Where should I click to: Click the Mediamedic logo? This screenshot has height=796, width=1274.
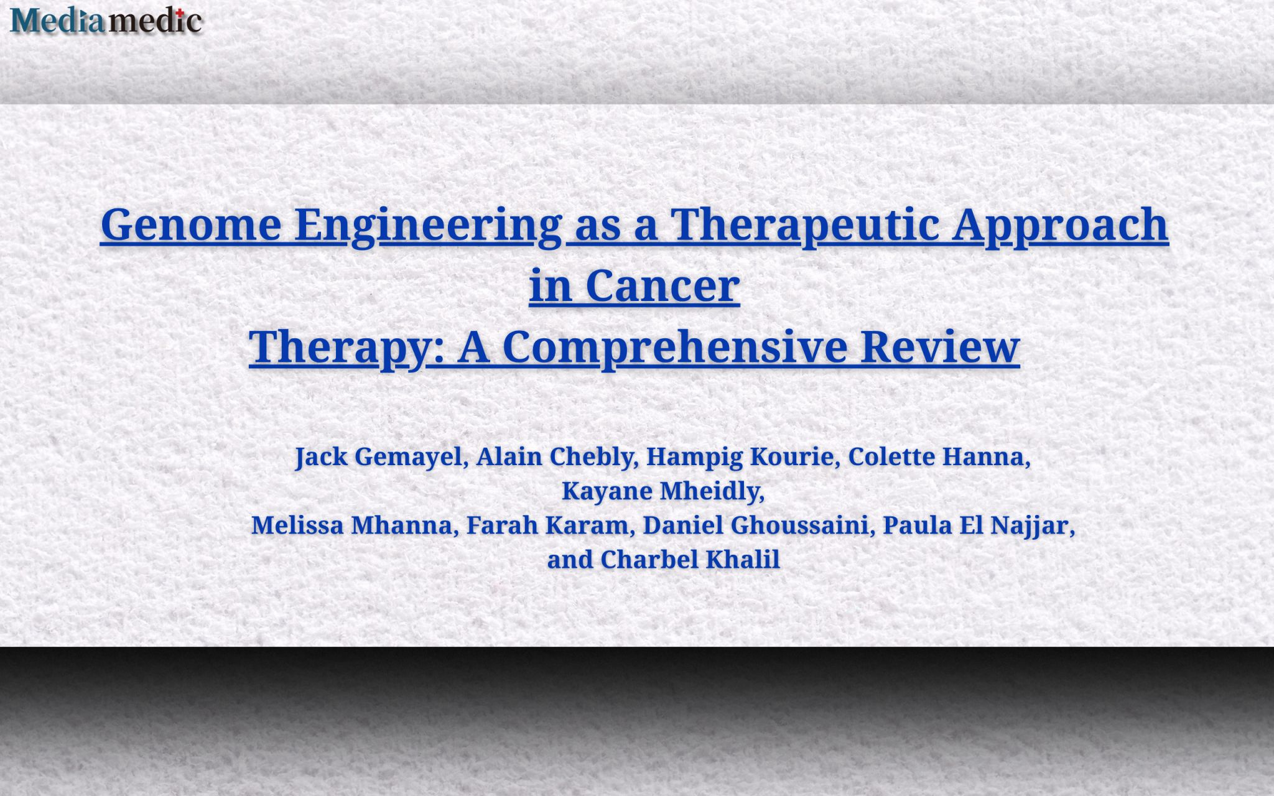coord(106,21)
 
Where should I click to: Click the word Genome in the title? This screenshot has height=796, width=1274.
coord(191,224)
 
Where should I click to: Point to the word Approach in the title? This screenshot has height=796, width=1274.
coord(1061,224)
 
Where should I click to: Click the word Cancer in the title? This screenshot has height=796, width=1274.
coord(663,286)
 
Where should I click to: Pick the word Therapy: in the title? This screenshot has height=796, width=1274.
coord(347,347)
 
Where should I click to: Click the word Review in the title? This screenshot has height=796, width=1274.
coord(941,347)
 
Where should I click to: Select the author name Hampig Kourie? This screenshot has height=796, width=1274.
coord(740,457)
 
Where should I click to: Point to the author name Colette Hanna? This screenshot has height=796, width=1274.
coord(936,456)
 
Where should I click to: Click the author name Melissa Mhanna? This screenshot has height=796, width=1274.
coord(351,525)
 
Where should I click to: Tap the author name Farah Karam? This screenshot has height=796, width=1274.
coord(547,525)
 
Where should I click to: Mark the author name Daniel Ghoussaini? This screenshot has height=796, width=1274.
coord(755,525)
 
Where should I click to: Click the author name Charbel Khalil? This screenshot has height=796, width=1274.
coord(690,560)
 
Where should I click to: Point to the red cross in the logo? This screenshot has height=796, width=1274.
coord(180,12)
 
